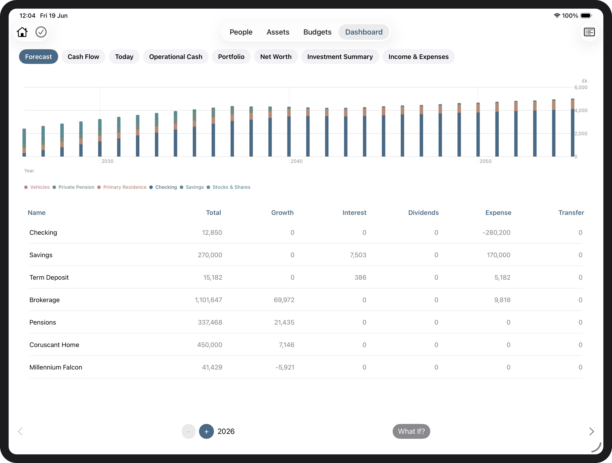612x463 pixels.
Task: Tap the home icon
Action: pyautogui.click(x=22, y=32)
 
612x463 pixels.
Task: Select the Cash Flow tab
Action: pyautogui.click(x=83, y=57)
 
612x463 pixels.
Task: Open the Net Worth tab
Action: pyautogui.click(x=276, y=57)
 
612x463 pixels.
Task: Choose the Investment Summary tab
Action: pyautogui.click(x=340, y=57)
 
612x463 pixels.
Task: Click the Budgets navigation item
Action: pyautogui.click(x=317, y=32)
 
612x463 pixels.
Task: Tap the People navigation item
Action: pyautogui.click(x=241, y=32)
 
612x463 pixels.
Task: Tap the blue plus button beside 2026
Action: pyautogui.click(x=206, y=431)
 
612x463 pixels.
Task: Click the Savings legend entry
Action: pyautogui.click(x=192, y=187)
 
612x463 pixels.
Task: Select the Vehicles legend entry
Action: pyautogui.click(x=37, y=187)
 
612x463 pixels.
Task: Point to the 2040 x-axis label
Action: pyautogui.click(x=296, y=161)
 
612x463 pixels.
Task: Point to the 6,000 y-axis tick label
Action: pyautogui.click(x=581, y=87)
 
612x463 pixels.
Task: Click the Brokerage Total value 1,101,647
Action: pyautogui.click(x=209, y=300)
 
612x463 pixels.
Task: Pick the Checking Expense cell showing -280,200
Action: pyautogui.click(x=497, y=232)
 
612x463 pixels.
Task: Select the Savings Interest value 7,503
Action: pyautogui.click(x=358, y=255)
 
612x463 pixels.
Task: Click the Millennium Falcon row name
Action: pyautogui.click(x=56, y=367)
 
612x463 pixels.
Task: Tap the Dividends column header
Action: pyautogui.click(x=424, y=212)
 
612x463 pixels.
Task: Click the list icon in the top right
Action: pyautogui.click(x=589, y=32)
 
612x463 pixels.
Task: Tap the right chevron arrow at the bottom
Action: pyautogui.click(x=591, y=431)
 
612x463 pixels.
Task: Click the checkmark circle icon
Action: pyautogui.click(x=41, y=32)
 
